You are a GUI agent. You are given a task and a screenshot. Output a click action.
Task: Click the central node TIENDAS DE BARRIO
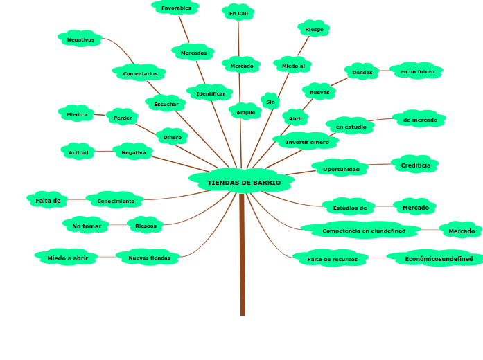[243, 182]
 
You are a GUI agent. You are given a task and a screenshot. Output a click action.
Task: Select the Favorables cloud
[176, 8]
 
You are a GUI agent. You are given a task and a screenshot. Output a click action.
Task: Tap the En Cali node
[238, 13]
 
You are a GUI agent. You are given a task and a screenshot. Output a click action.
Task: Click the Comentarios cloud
[140, 73]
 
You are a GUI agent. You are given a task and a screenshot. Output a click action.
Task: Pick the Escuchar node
[166, 104]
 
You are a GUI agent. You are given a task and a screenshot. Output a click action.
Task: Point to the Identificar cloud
[210, 93]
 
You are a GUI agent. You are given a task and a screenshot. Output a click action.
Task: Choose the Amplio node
[245, 112]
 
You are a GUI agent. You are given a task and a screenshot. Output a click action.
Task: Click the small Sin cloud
[270, 102]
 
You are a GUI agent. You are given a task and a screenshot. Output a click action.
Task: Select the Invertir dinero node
[307, 142]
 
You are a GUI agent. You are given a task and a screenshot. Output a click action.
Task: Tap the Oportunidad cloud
[341, 169]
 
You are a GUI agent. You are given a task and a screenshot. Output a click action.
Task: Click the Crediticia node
[415, 165]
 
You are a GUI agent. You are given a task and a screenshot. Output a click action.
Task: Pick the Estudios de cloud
[349, 208]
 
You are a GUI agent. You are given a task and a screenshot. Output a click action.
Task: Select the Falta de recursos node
[332, 259]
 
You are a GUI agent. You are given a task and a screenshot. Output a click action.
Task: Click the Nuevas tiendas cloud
[149, 258]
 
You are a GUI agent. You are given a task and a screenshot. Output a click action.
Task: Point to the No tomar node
[87, 226]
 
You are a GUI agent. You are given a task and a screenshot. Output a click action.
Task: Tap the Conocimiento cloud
[116, 201]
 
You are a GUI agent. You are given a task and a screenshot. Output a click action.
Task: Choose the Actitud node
[78, 152]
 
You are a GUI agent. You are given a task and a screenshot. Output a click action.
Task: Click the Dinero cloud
[172, 137]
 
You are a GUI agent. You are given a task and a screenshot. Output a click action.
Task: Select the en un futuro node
[417, 71]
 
